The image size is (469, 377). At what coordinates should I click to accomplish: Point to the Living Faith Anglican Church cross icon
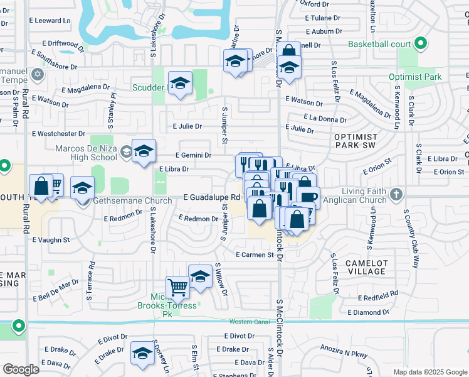[x=396, y=194]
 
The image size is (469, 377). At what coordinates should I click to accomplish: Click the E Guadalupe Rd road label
[x=212, y=197]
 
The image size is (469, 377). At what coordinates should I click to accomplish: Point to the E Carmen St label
[x=255, y=255]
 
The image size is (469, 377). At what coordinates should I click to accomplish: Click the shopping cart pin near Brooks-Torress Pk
[x=178, y=287]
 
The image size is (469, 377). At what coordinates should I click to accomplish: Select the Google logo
[x=21, y=369]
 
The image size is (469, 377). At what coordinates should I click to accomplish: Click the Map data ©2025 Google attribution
[x=430, y=372]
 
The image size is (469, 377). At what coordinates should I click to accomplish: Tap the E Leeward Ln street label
[x=50, y=21]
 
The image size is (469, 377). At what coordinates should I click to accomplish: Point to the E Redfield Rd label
[x=378, y=294]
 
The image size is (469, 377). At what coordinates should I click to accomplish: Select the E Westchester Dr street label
[x=58, y=134]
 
